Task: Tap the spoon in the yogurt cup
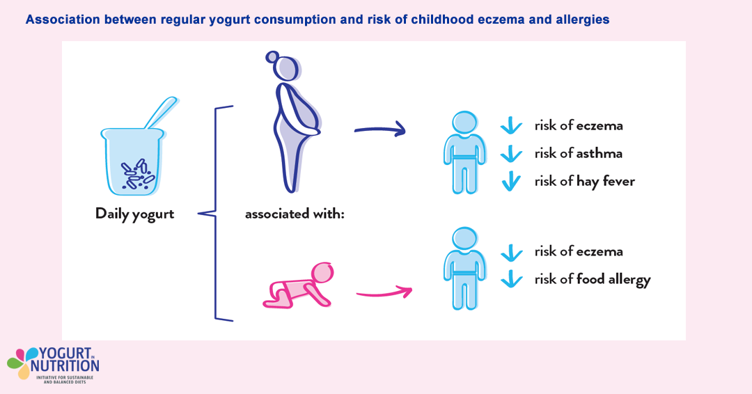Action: click(161, 113)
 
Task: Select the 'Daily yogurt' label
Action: click(135, 214)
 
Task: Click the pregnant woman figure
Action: click(293, 123)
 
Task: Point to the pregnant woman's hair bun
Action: click(272, 57)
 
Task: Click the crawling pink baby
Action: click(298, 285)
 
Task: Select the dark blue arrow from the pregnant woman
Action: click(380, 129)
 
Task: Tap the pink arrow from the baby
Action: click(384, 292)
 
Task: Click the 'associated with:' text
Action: click(295, 214)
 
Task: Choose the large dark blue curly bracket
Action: click(215, 214)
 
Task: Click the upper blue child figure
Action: click(464, 152)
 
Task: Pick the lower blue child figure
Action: click(464, 269)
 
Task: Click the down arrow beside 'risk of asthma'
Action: click(511, 154)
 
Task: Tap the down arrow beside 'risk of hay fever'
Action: click(511, 182)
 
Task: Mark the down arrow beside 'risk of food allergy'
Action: click(512, 279)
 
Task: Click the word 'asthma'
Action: click(600, 153)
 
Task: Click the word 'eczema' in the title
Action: click(501, 19)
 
